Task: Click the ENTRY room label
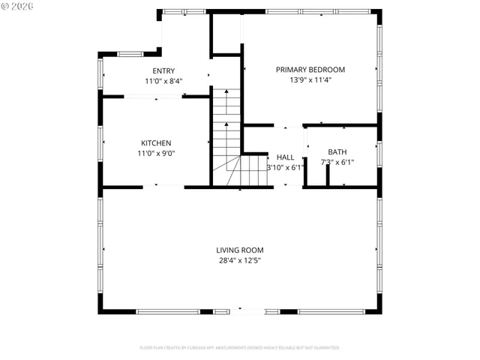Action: (x=163, y=71)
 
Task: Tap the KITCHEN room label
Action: (x=156, y=143)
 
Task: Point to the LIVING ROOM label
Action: (x=239, y=250)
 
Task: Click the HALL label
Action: (x=285, y=157)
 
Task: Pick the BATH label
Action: (x=337, y=152)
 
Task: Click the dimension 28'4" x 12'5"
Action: (x=239, y=261)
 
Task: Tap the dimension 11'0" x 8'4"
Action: (x=163, y=81)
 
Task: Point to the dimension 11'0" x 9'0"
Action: (x=156, y=153)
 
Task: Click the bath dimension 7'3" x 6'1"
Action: (x=337, y=162)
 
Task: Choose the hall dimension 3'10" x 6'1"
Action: (x=285, y=167)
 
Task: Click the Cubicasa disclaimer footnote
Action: (x=239, y=348)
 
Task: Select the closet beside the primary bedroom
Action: (x=226, y=33)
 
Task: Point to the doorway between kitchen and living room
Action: (x=156, y=186)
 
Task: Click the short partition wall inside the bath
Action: (x=328, y=174)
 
